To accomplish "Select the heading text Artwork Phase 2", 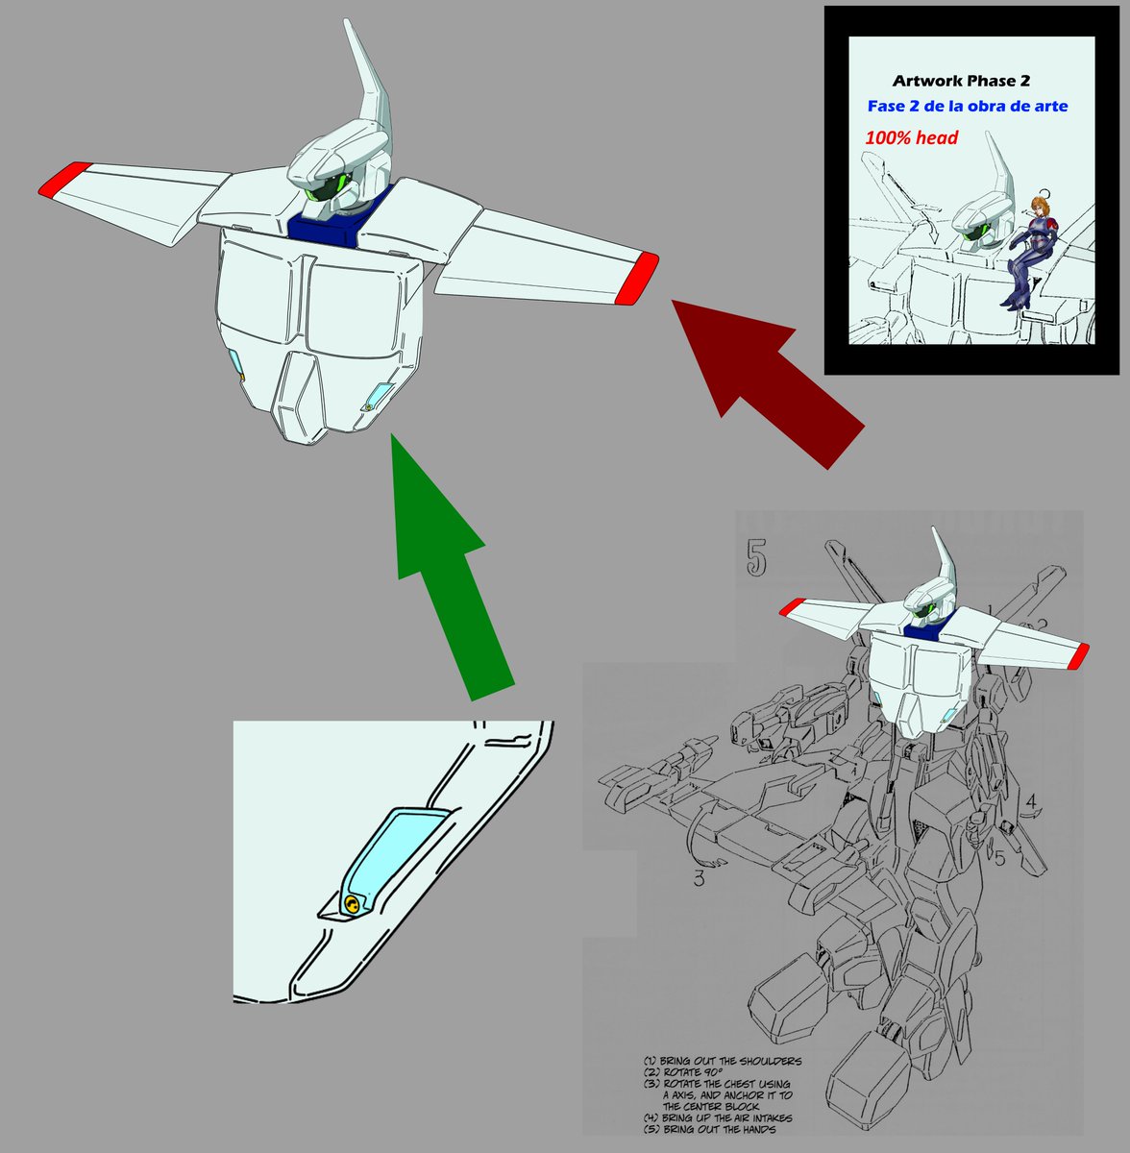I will click(x=961, y=81).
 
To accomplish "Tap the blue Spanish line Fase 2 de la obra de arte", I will click(x=967, y=106).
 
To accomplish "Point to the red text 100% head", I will click(x=911, y=137).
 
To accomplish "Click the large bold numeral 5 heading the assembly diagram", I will click(x=756, y=558).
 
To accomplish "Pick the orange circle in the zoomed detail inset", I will click(x=354, y=905).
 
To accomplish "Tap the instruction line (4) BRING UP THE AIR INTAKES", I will click(x=730, y=1117).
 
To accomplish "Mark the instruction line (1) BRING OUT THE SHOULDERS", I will click(x=723, y=1062).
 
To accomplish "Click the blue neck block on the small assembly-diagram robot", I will click(x=921, y=629).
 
